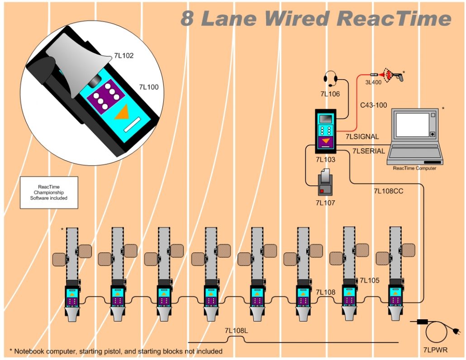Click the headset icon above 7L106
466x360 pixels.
(331, 79)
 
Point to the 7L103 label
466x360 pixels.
(325, 160)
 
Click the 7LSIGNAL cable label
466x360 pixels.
(362, 137)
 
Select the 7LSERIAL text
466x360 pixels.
(368, 151)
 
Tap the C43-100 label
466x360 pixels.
(373, 105)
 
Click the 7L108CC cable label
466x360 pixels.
(388, 191)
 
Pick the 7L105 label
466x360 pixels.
(369, 281)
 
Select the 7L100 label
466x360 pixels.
(148, 87)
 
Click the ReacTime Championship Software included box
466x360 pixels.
(49, 192)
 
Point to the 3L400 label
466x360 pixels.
(373, 82)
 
